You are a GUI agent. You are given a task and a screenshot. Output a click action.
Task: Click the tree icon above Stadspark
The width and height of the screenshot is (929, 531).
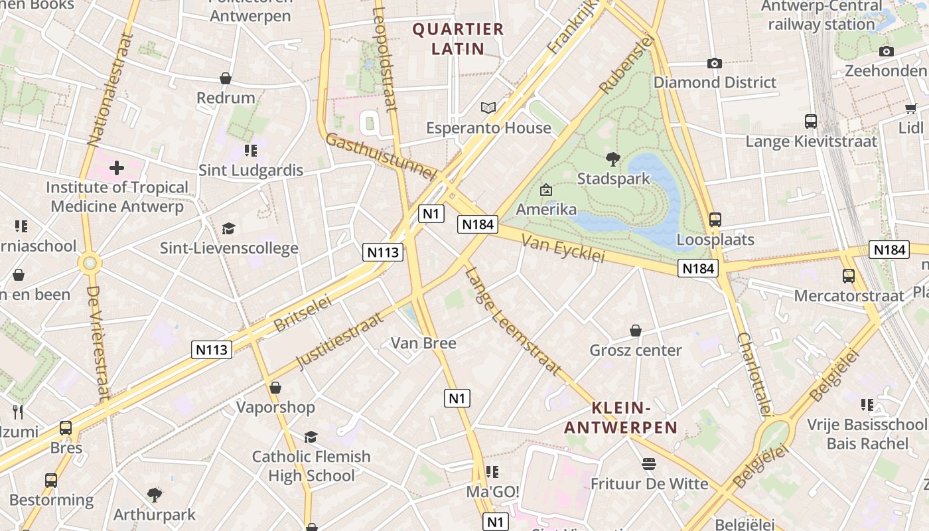coord(612,159)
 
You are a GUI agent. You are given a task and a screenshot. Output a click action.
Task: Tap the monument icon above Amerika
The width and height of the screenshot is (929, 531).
coord(546,190)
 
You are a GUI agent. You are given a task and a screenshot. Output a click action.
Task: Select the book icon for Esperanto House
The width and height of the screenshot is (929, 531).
coord(488,108)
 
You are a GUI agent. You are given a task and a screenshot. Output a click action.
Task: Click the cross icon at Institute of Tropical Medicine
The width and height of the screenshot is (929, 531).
coord(117,168)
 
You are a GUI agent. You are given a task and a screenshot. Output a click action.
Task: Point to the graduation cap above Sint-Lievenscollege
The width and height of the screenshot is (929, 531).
coord(229,228)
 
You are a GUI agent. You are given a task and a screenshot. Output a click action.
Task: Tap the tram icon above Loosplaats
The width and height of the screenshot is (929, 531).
coord(715,219)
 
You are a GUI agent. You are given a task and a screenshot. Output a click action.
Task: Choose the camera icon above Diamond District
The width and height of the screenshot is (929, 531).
coord(715,63)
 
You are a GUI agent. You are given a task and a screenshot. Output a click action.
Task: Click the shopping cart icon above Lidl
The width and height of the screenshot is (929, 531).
coord(910,108)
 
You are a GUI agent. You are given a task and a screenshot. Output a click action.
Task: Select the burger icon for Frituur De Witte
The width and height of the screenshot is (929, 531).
coord(649,464)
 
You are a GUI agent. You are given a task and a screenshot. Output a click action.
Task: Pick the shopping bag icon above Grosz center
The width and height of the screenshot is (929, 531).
coord(636,331)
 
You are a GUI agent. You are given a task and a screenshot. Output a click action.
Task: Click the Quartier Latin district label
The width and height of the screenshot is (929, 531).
coord(458,38)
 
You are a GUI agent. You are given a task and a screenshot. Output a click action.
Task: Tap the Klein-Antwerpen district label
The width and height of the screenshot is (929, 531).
coord(620,417)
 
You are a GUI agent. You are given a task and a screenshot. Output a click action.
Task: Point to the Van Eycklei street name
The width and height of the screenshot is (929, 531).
coord(563,248)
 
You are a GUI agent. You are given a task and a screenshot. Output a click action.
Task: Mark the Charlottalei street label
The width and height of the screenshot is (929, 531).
coord(754,374)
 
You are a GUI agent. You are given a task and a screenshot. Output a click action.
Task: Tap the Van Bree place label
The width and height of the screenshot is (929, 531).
coord(423,343)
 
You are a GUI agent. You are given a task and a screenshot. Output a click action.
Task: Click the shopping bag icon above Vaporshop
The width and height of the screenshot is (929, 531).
coord(275,388)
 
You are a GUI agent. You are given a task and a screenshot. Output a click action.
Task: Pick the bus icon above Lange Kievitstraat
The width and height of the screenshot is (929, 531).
coord(811,121)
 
